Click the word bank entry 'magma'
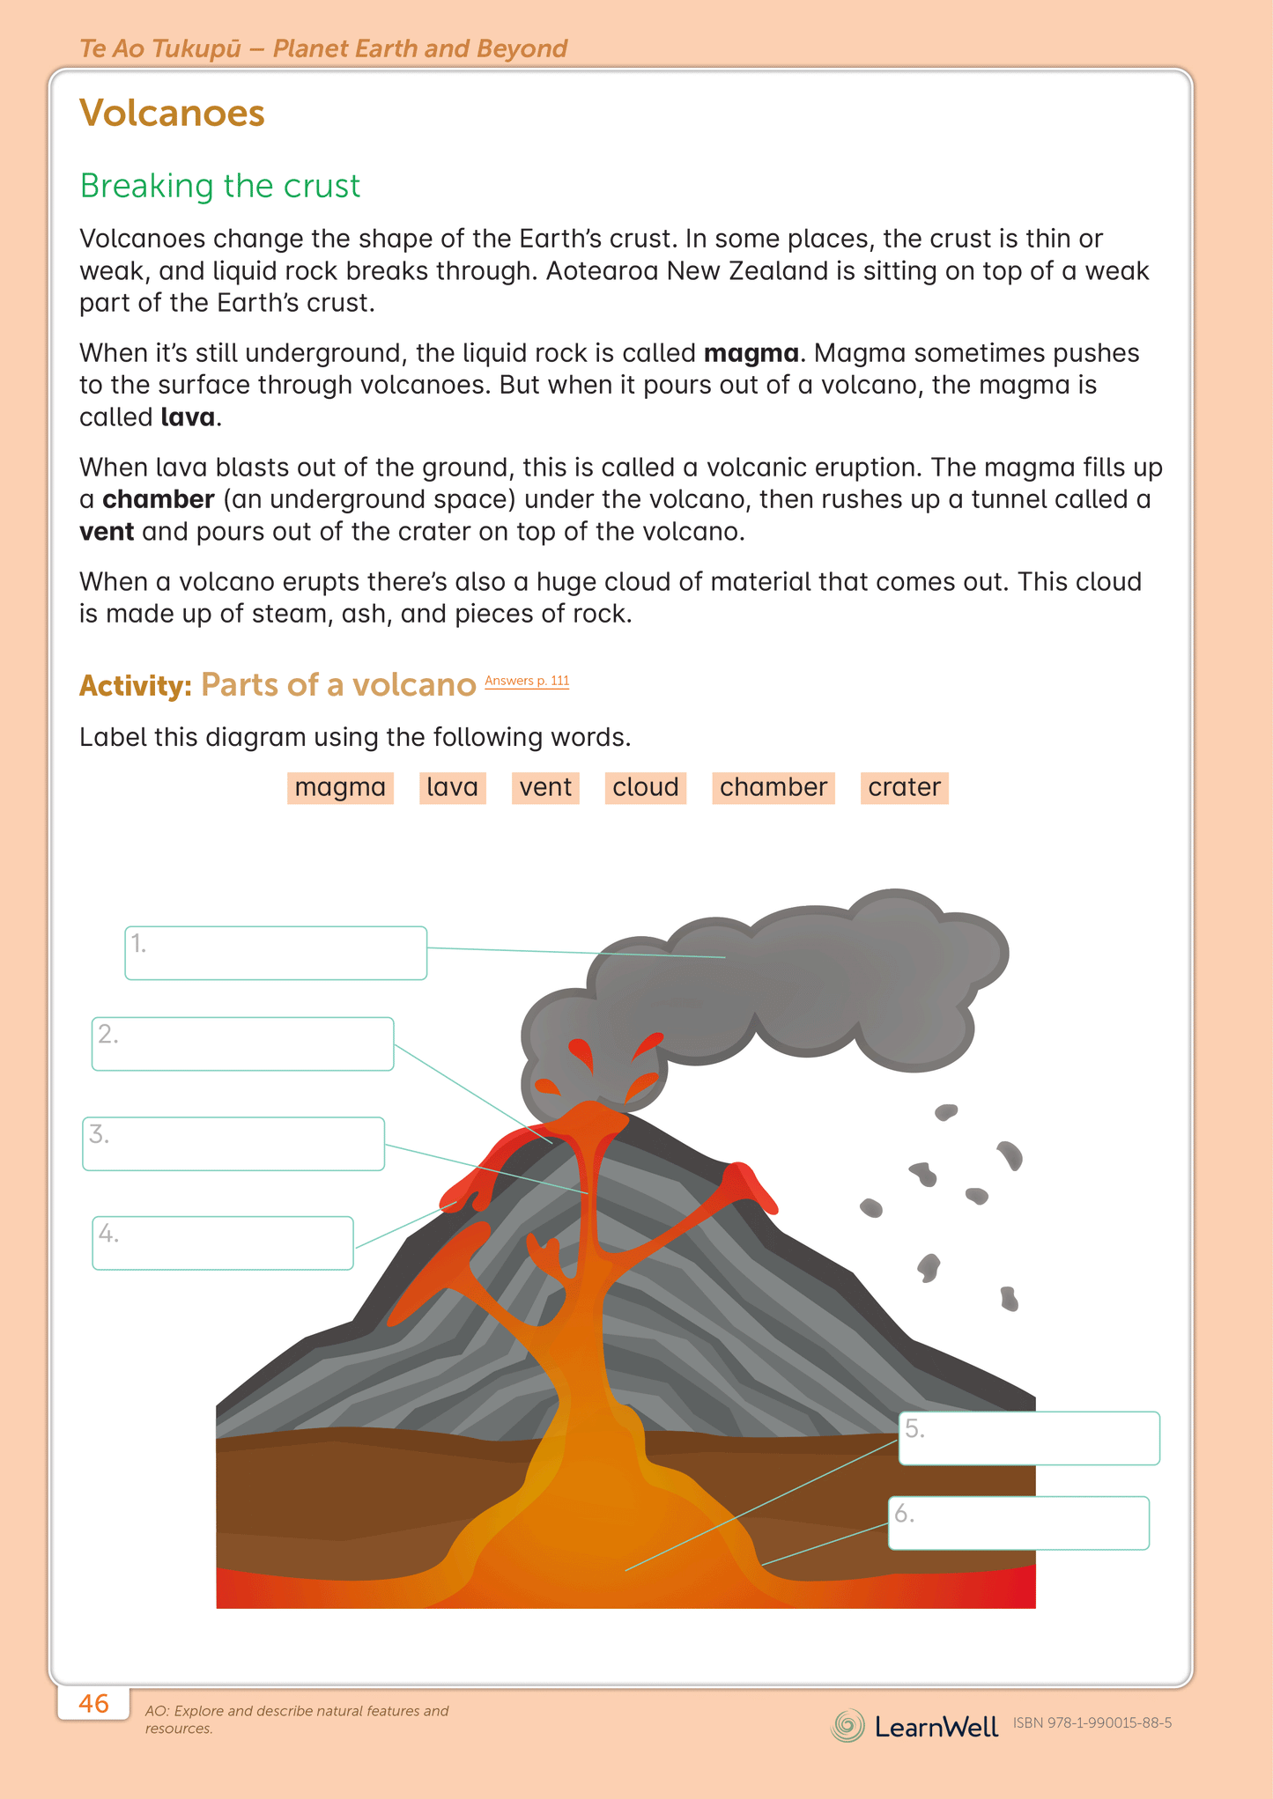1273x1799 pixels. (x=340, y=787)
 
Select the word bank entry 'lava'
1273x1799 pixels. (x=452, y=787)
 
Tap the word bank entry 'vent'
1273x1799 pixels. (x=545, y=787)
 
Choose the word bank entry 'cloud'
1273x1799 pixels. (x=645, y=787)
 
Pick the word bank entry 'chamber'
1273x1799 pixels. (x=773, y=787)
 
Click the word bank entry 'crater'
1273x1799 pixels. (x=904, y=787)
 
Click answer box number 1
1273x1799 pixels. (x=276, y=953)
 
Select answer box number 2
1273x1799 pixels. (x=242, y=1044)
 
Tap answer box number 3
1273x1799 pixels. (x=233, y=1144)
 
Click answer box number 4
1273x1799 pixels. (x=223, y=1243)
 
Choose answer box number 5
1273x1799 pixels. (x=1028, y=1439)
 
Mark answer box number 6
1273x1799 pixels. (x=1018, y=1523)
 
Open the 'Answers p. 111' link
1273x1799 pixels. (x=527, y=681)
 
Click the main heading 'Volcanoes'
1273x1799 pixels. (x=172, y=114)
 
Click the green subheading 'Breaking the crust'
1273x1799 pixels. (x=219, y=186)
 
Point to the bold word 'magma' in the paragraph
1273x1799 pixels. (x=751, y=353)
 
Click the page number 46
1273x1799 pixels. (x=93, y=1703)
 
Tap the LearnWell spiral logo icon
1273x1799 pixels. (x=847, y=1725)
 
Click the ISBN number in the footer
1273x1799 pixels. (x=1092, y=1723)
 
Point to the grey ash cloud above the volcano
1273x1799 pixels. (x=793, y=977)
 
